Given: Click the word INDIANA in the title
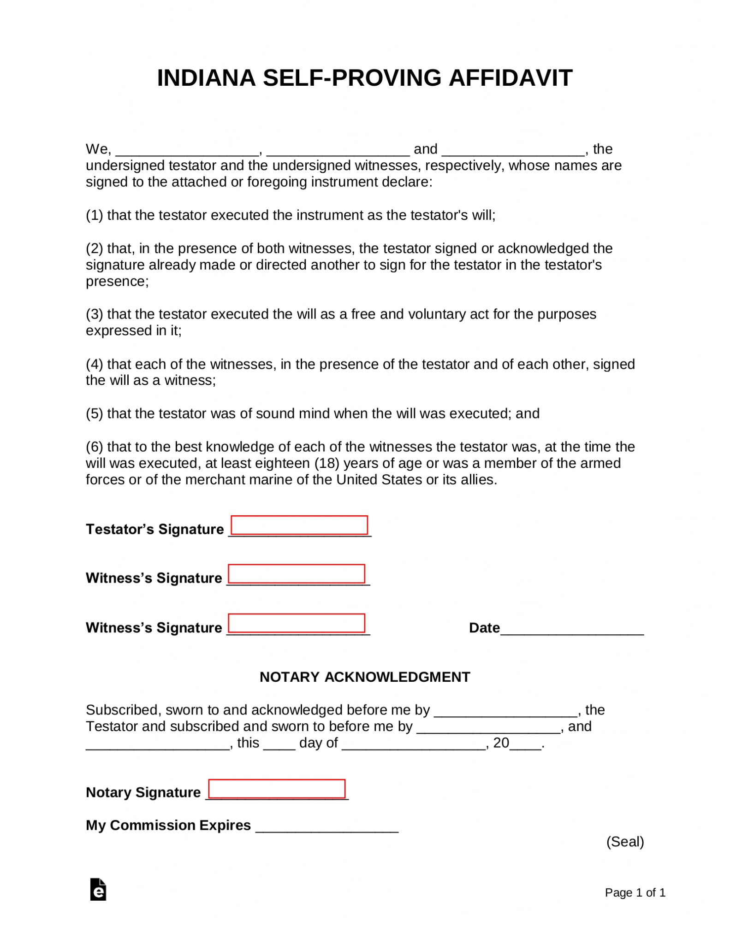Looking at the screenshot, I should pyautogui.click(x=206, y=78).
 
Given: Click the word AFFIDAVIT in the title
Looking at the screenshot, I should pyautogui.click(x=510, y=78).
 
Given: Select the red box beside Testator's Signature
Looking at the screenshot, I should pyautogui.click(x=299, y=525).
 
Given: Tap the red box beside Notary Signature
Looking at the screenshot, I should pyautogui.click(x=277, y=789).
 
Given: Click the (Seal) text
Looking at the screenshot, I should pyautogui.click(x=625, y=842).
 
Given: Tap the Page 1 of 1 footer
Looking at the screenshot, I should pyautogui.click(x=635, y=893).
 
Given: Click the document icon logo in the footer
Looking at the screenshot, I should pyautogui.click(x=98, y=890).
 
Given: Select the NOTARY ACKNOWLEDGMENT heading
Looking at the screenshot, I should pyautogui.click(x=365, y=677).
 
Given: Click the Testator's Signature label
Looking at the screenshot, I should pyautogui.click(x=154, y=529).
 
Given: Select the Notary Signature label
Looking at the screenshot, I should pyautogui.click(x=143, y=792).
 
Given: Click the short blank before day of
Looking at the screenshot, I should pyautogui.click(x=279, y=745).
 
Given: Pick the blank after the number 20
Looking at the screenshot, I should pyautogui.click(x=525, y=745).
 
